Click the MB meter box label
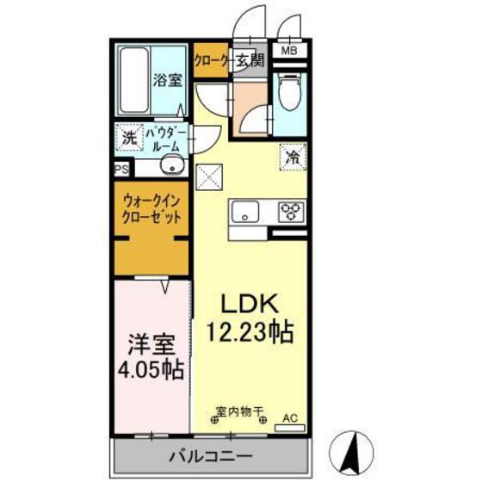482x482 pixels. (290, 50)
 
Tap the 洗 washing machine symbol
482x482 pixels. (128, 138)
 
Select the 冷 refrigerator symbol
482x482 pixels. (294, 158)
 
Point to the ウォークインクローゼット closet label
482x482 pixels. (151, 209)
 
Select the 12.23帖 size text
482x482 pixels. (249, 331)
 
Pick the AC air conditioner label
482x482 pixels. (289, 418)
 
